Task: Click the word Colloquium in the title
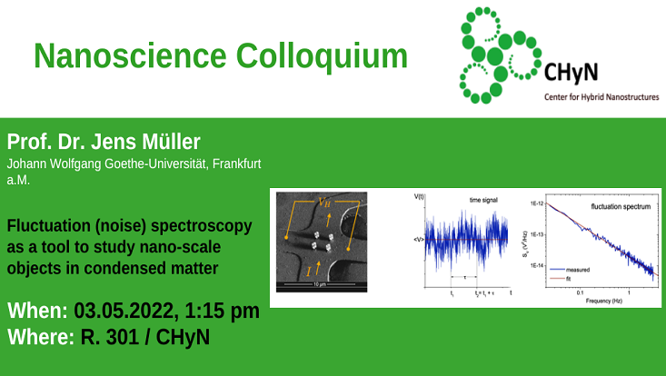pyautogui.click(x=322, y=56)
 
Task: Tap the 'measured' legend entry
pyautogui.click(x=579, y=270)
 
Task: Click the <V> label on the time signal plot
pyautogui.click(x=419, y=239)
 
